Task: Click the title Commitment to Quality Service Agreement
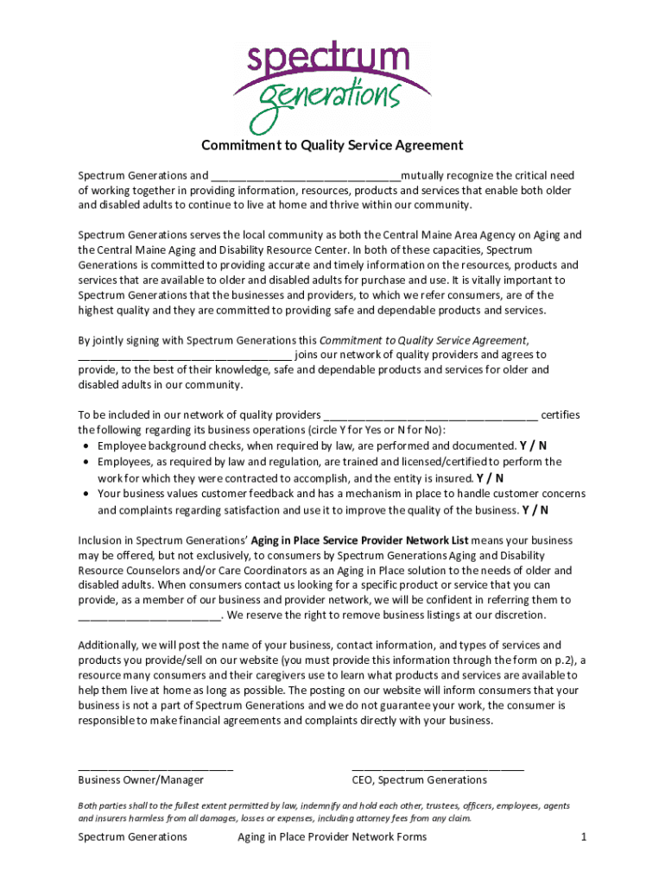click(332, 145)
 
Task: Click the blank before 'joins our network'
click(185, 355)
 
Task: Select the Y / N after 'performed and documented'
click(533, 446)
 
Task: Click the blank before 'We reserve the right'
click(149, 616)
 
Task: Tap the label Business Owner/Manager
click(141, 780)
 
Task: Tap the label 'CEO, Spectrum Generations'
click(419, 780)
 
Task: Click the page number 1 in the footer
click(584, 837)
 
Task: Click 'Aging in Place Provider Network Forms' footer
click(332, 837)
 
